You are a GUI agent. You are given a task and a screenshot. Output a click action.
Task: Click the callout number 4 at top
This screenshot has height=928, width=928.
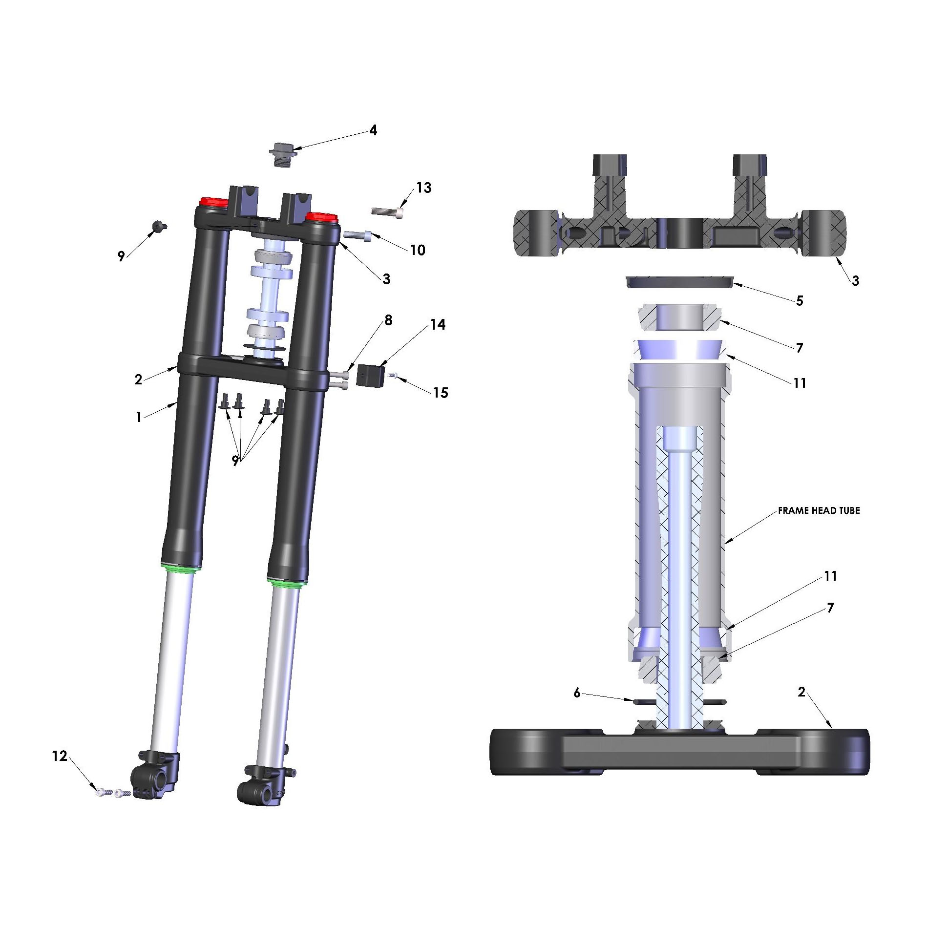(373, 130)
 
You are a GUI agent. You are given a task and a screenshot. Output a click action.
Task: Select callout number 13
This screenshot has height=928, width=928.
(424, 188)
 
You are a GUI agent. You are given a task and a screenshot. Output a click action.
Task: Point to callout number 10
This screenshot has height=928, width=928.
(418, 250)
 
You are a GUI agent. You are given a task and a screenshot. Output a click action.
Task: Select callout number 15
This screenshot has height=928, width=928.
(441, 393)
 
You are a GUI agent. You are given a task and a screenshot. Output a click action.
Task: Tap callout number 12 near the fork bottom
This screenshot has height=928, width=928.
(60, 756)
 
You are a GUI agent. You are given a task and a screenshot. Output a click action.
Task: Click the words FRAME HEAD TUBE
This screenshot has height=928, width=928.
(819, 510)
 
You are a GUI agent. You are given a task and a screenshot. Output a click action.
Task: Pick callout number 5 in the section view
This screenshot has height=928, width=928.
(800, 301)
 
